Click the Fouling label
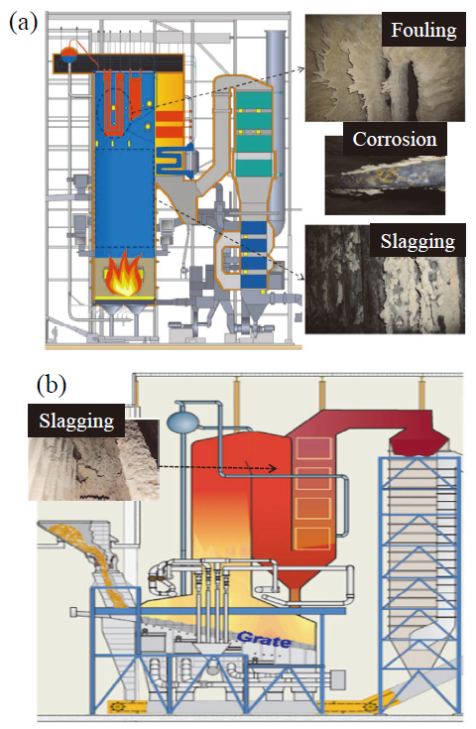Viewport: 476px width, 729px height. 423,30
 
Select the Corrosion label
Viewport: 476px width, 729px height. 395,139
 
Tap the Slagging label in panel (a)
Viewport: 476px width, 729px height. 417,240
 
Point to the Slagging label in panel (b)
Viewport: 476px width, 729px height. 76,421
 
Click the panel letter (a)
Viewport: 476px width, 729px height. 23,23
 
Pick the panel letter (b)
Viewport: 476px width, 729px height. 52,385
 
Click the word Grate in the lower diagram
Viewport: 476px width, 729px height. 264,640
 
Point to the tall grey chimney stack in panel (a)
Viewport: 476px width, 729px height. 276,130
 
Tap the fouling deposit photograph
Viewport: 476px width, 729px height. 385,67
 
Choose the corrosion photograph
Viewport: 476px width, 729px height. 385,176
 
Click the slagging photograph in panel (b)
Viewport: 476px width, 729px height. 93,460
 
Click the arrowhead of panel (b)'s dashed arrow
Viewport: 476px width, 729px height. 274,468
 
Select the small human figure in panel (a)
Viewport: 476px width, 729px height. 56,334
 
